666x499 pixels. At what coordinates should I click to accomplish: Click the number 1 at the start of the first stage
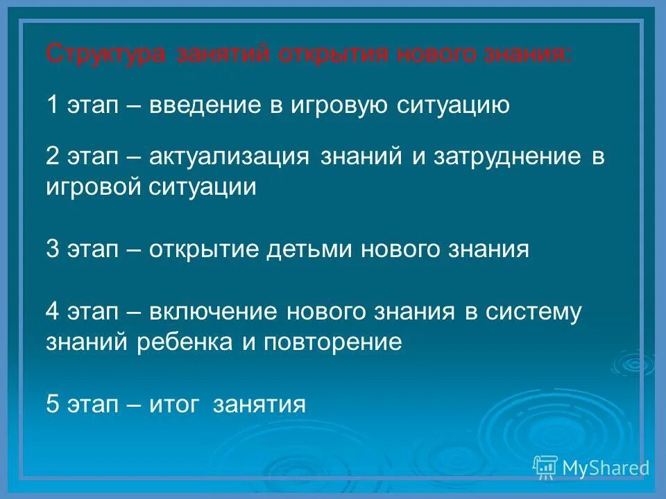click(53, 105)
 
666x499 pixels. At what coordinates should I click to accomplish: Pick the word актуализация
click(228, 157)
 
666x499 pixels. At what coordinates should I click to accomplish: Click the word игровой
click(93, 187)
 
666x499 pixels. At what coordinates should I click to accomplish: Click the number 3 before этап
click(53, 249)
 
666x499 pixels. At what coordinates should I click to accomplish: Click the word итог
click(177, 404)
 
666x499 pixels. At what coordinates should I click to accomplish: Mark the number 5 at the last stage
click(53, 404)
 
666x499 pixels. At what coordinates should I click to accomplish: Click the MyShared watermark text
click(605, 468)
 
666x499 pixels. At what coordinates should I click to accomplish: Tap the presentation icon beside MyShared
click(545, 468)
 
